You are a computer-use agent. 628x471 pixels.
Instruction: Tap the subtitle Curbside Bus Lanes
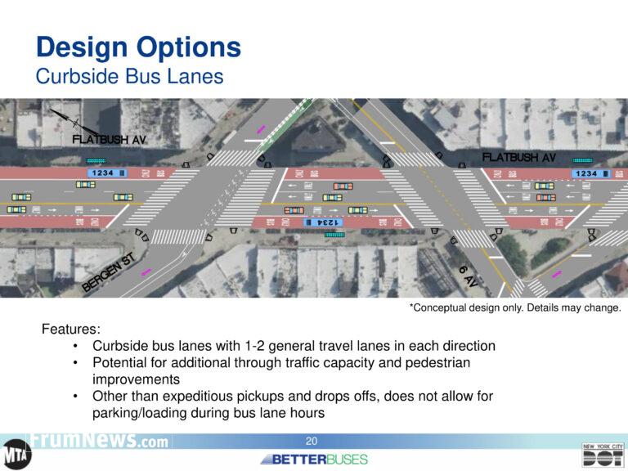(129, 76)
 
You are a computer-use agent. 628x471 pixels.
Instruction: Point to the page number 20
(312, 442)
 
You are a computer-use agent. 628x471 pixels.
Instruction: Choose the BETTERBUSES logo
(314, 459)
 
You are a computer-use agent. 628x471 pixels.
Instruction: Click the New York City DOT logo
(602, 455)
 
